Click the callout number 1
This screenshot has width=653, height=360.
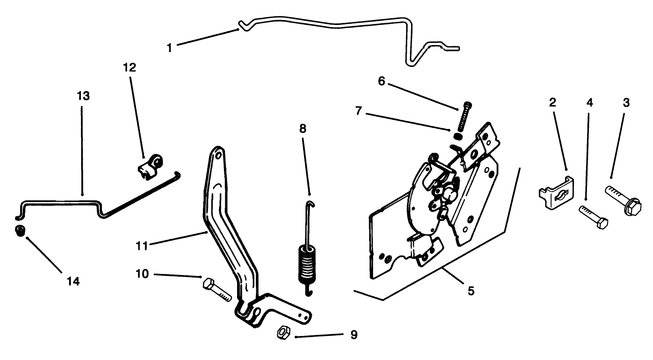coord(170,48)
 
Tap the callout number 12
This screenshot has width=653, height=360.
coord(129,67)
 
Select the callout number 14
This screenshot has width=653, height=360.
coord(73,282)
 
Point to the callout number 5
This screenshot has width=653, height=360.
coord(471,291)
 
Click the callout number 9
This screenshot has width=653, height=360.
coord(354,335)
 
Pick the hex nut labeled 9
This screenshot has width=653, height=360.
coord(282,333)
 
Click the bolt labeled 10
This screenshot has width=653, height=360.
coord(217,289)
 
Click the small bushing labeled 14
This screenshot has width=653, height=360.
coord(19,231)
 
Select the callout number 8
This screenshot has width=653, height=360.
coord(303,129)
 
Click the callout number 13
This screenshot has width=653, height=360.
coord(83,96)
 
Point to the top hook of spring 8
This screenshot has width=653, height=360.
coord(309,203)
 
